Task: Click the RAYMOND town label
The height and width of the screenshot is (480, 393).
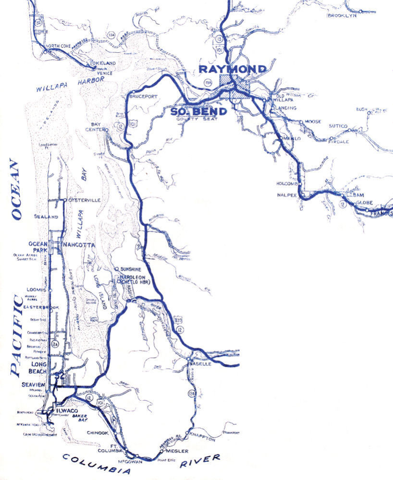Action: tap(233, 69)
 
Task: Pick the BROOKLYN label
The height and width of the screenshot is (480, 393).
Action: tap(342, 16)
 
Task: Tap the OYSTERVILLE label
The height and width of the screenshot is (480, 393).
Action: tap(85, 200)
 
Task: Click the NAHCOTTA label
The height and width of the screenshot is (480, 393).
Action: tap(78, 245)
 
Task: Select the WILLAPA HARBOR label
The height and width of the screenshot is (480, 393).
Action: tap(70, 84)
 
